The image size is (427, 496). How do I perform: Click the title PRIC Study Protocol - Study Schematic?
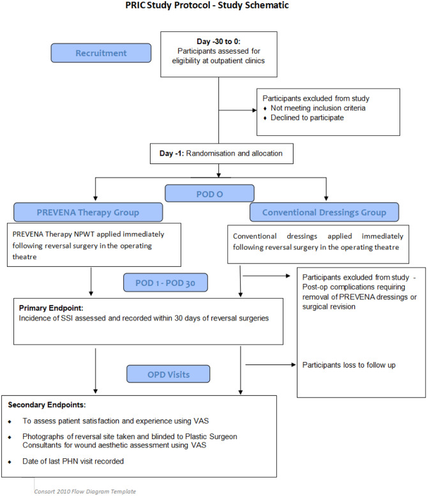coord(214,6)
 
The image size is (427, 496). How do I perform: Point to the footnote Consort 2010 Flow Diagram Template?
coord(85,492)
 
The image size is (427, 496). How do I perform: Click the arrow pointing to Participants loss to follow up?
coord(268,364)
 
